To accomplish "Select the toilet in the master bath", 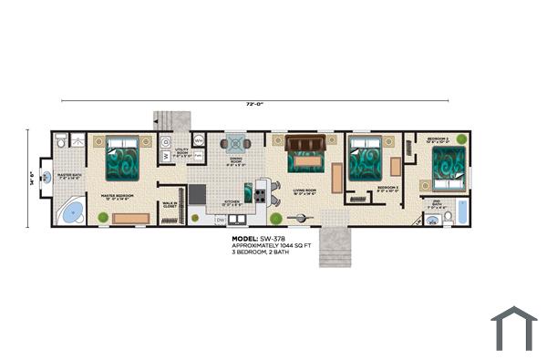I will [x=61, y=141].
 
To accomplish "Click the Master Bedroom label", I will [x=119, y=196].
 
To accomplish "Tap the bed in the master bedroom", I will [x=121, y=159].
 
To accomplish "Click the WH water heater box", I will [x=198, y=141].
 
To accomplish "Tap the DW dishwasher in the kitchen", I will [x=220, y=220].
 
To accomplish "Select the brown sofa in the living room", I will [x=304, y=143].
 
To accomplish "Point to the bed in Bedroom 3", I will [x=366, y=159].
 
